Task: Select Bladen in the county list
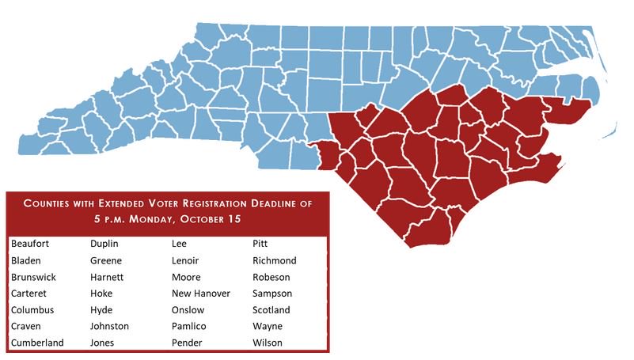27,260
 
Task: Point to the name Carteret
31,294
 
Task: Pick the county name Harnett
108,277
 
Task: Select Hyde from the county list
102,310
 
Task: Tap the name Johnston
110,326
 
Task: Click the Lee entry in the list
180,244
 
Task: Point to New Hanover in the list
201,294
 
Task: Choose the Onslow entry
188,310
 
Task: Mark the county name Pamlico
190,326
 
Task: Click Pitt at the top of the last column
260,244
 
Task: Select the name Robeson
271,277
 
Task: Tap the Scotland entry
271,310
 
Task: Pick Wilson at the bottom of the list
268,343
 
